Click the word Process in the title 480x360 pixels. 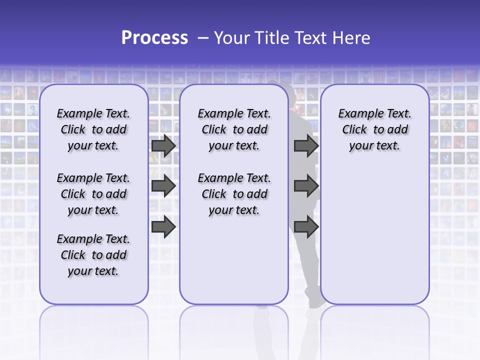pyautogui.click(x=154, y=38)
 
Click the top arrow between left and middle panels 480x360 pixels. pyautogui.click(x=163, y=145)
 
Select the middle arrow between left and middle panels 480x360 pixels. pyautogui.click(x=163, y=186)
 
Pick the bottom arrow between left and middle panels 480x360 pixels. pyautogui.click(x=163, y=227)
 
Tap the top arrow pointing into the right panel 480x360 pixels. pyautogui.click(x=306, y=145)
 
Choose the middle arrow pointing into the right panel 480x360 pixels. pyautogui.click(x=306, y=186)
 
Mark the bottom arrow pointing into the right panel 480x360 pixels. pyautogui.click(x=306, y=227)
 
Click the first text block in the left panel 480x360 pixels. pyautogui.click(x=93, y=129)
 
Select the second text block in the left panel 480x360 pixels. pyautogui.click(x=93, y=194)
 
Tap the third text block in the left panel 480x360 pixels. pyautogui.click(x=93, y=255)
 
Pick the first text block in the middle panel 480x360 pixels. pyautogui.click(x=234, y=129)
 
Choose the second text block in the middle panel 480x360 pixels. pyautogui.click(x=234, y=194)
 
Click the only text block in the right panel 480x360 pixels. pyautogui.click(x=374, y=129)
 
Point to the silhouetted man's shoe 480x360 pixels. pyautogui.click(x=316, y=302)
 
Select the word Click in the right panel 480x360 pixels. pyautogui.click(x=354, y=130)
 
